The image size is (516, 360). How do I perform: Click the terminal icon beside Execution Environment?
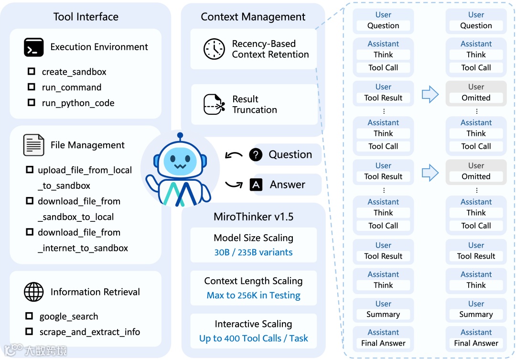pyautogui.click(x=33, y=47)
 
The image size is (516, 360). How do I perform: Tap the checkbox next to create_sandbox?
pyautogui.click(x=32, y=72)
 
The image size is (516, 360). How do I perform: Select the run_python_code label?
pyautogui.click(x=78, y=103)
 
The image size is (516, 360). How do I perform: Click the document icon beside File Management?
pyautogui.click(x=33, y=145)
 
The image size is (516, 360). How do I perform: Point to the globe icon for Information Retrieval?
pyautogui.click(x=33, y=292)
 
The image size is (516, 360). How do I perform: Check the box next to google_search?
pyautogui.click(x=30, y=316)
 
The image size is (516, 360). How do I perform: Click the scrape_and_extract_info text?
pyautogui.click(x=89, y=332)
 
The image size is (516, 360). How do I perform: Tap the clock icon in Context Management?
pyautogui.click(x=214, y=49)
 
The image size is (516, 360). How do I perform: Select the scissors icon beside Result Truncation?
pyautogui.click(x=214, y=104)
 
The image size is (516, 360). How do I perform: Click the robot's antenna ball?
pyautogui.click(x=180, y=136)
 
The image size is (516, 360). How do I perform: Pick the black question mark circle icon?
pyautogui.click(x=256, y=154)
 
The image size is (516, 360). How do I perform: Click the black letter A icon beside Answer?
pyautogui.click(x=256, y=185)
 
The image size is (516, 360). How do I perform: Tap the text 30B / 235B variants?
pyautogui.click(x=253, y=252)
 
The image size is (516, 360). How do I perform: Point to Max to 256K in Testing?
pyautogui.click(x=253, y=295)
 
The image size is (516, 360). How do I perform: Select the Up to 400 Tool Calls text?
pyautogui.click(x=253, y=338)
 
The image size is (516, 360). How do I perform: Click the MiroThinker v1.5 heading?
pyautogui.click(x=253, y=217)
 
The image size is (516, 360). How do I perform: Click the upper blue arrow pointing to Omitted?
pyautogui.click(x=430, y=94)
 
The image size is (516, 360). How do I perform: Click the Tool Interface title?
pyautogui.click(x=86, y=17)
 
